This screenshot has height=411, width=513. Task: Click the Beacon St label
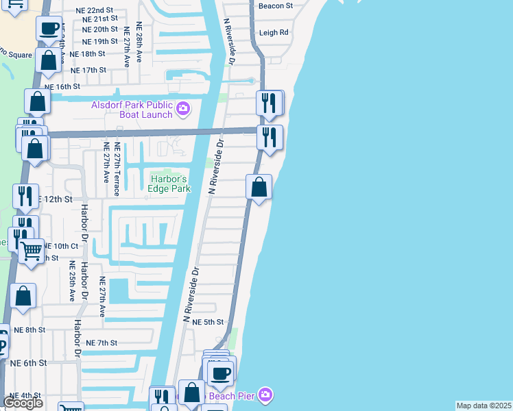(x=276, y=5)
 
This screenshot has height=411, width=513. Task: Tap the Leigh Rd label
(x=274, y=32)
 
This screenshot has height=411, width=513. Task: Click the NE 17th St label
(x=89, y=70)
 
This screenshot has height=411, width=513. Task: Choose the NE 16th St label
(x=62, y=87)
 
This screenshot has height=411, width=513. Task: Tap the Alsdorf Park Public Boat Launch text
(x=132, y=110)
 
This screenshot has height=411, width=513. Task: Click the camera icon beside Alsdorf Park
(x=183, y=108)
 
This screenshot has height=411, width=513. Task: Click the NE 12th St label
(x=55, y=199)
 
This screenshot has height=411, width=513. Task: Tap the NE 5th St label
(x=208, y=322)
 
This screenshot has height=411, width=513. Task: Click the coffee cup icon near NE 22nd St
(x=49, y=27)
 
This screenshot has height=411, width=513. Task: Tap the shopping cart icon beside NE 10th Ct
(x=31, y=251)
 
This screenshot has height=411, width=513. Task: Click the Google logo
(x=23, y=403)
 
